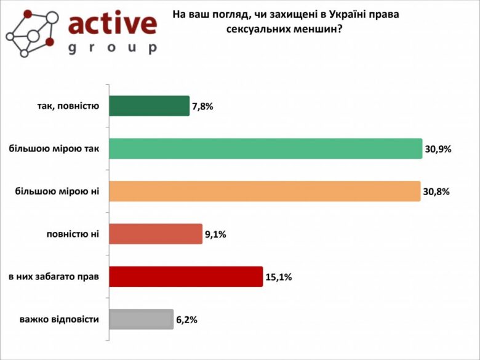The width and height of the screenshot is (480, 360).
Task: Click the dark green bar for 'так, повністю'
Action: point(149,106)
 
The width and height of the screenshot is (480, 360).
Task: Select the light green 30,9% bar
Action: point(266,148)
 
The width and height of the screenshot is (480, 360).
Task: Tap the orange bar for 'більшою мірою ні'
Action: point(265,191)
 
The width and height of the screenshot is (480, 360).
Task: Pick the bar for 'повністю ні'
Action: point(156,234)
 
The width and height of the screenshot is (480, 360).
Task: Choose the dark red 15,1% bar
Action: point(186,276)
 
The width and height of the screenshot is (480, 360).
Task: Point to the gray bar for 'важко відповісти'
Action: point(141,319)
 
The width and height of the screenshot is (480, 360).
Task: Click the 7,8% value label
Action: point(202,106)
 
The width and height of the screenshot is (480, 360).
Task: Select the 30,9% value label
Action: point(438,149)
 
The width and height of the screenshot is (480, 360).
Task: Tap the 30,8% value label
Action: point(436,191)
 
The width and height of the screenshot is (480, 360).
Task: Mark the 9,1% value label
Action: point(215,234)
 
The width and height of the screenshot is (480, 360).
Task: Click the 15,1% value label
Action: point(278,277)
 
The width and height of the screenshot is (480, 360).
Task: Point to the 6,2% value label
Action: point(186,320)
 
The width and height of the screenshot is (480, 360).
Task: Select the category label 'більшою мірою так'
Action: point(54,148)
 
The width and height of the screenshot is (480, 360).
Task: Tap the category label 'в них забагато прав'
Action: point(54,276)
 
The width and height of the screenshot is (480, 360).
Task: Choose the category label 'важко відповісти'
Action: point(59,319)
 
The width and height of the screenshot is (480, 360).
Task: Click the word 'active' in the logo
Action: point(112,23)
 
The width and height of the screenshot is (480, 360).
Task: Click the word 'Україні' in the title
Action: point(345,14)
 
